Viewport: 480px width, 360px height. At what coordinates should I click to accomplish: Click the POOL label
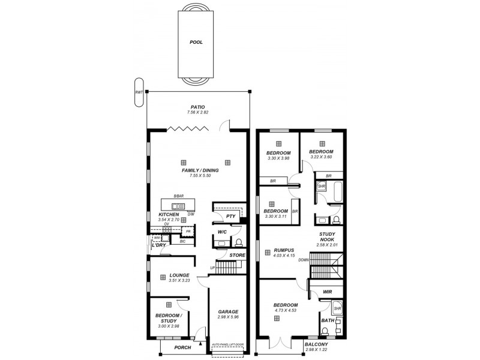[196, 43]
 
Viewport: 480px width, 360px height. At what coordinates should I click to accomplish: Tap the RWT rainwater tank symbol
[139, 92]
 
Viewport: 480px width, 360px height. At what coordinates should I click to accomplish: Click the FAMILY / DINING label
[200, 170]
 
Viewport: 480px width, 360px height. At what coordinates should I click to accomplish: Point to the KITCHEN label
[169, 214]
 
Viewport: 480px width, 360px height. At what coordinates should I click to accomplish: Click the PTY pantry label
[230, 216]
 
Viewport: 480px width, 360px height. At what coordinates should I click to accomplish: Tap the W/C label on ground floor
[221, 232]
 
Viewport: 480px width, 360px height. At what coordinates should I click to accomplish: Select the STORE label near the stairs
[237, 255]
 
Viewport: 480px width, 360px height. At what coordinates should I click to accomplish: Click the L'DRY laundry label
[158, 245]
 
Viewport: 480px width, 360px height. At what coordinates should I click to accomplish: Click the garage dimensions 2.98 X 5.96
[228, 317]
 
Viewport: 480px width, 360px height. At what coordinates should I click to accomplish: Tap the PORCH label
[182, 347]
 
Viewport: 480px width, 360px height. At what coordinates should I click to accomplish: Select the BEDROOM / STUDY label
[168, 317]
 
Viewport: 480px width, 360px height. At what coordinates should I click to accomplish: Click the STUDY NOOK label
[327, 237]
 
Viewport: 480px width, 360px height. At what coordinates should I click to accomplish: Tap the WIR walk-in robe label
[327, 292]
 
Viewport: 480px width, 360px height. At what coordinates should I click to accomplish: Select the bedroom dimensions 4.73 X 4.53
[278, 310]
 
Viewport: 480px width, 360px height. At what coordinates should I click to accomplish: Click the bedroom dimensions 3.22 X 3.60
[321, 157]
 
